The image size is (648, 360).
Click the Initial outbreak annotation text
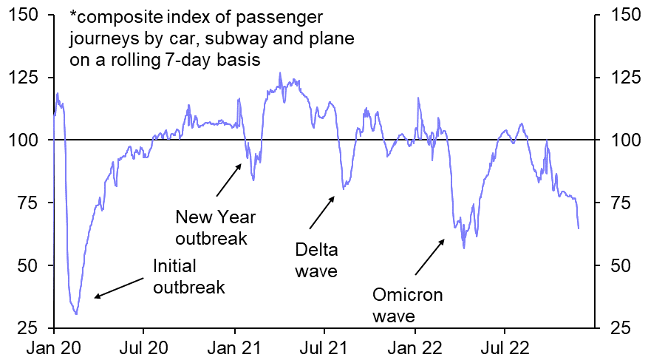coord(188,276)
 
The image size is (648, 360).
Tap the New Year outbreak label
coord(215,228)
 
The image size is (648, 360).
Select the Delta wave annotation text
coord(316,259)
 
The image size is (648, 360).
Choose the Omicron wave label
coord(407,305)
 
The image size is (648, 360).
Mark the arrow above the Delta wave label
coord(322,211)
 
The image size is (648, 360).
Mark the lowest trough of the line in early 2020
coord(76,314)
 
